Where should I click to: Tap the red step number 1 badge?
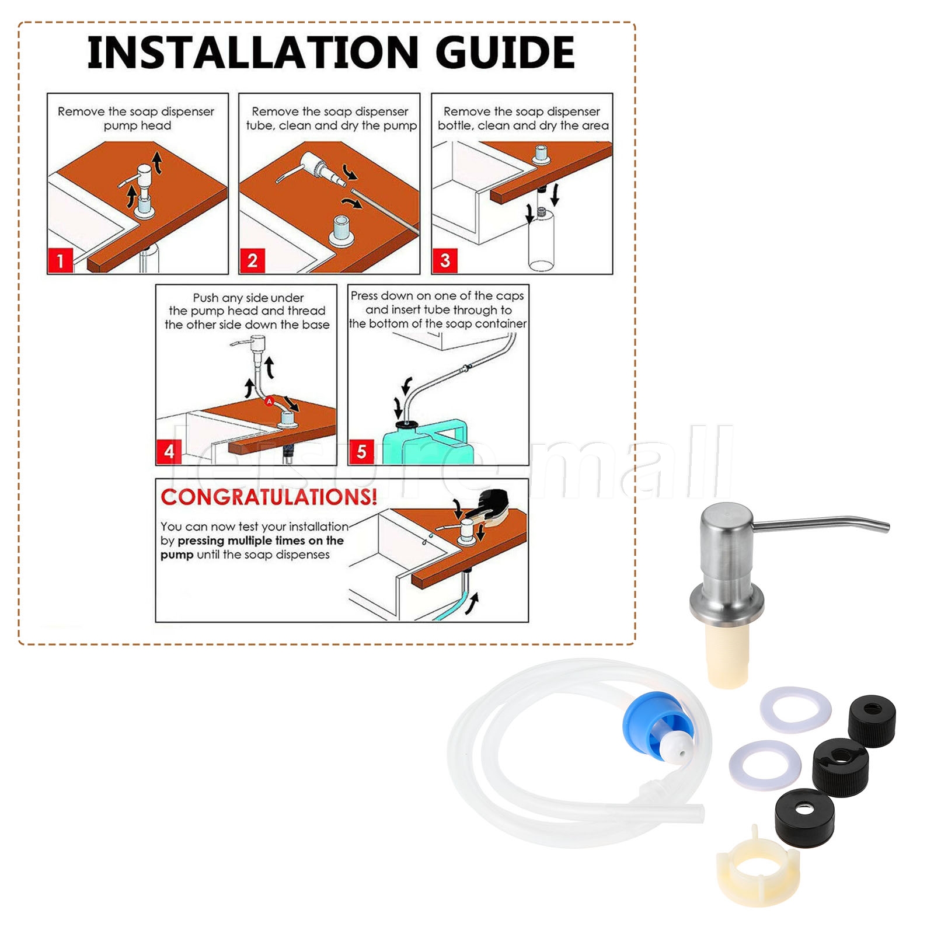pyautogui.click(x=60, y=260)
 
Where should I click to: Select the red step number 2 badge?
pyautogui.click(x=252, y=260)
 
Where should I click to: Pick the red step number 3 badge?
pyautogui.click(x=445, y=260)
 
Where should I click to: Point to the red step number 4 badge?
pyautogui.click(x=169, y=451)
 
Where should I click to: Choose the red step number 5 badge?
pyautogui.click(x=361, y=451)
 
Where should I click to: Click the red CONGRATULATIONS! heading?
pyautogui.click(x=269, y=497)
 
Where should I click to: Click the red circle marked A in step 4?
pyautogui.click(x=269, y=401)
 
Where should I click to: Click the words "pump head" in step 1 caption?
pyautogui.click(x=137, y=126)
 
